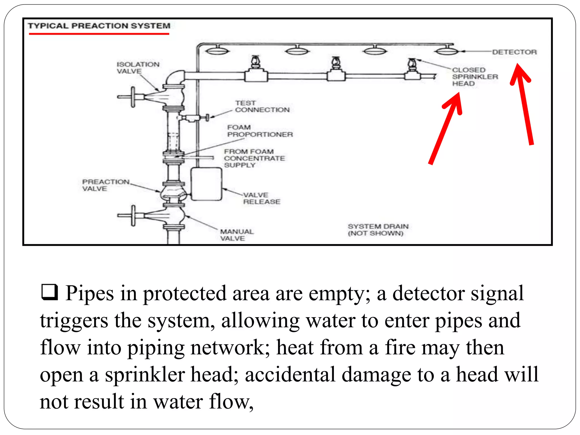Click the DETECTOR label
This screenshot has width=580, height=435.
(514, 52)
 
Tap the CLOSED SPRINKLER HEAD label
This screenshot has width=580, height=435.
(475, 77)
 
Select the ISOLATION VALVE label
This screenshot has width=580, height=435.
(138, 68)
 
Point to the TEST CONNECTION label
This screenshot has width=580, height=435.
(262, 106)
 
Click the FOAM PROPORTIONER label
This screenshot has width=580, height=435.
(260, 131)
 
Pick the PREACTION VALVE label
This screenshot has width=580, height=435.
(105, 185)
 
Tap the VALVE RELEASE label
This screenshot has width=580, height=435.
(261, 198)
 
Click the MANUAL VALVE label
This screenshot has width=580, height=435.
(237, 235)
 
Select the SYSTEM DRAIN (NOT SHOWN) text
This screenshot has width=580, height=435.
(378, 230)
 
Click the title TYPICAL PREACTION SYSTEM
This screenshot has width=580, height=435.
(99, 26)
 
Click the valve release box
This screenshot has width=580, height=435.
(206, 184)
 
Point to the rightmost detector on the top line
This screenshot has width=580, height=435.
(447, 51)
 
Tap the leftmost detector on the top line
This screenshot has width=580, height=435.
(216, 51)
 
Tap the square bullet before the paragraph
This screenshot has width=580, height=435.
(50, 292)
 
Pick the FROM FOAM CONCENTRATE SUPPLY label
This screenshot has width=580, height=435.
(254, 158)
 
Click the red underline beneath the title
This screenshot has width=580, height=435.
(99, 34)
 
